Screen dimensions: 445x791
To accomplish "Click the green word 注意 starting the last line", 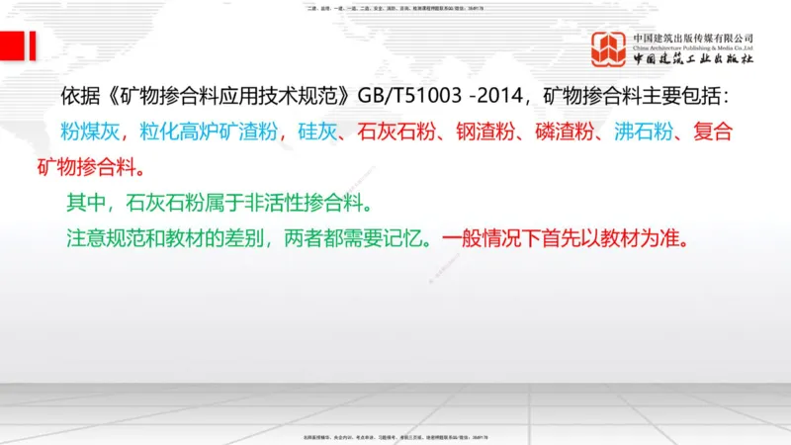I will click(83, 238).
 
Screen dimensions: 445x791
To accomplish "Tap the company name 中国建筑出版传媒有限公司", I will click(693, 38).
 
